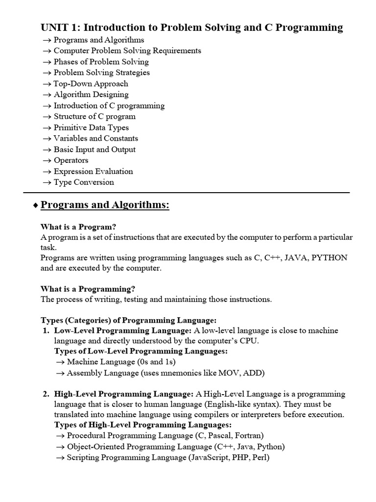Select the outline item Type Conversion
click(x=84, y=182)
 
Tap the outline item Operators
click(x=71, y=160)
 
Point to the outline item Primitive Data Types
click(x=91, y=127)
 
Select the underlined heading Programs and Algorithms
click(x=105, y=205)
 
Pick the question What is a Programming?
click(x=88, y=289)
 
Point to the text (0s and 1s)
click(x=156, y=362)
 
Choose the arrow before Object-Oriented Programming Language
click(x=60, y=447)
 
